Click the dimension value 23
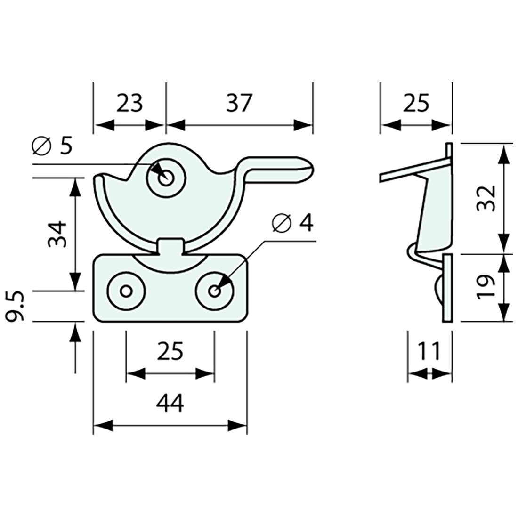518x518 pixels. coord(129,103)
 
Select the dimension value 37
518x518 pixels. coord(239,103)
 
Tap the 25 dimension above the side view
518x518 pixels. coord(416,103)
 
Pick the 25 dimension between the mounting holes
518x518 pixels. coord(170,351)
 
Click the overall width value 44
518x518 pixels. coord(170,403)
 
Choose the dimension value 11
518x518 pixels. coord(429,351)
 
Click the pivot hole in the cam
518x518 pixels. coord(165,178)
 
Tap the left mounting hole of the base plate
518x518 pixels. coord(125,291)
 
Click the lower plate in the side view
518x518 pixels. coord(448,288)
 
